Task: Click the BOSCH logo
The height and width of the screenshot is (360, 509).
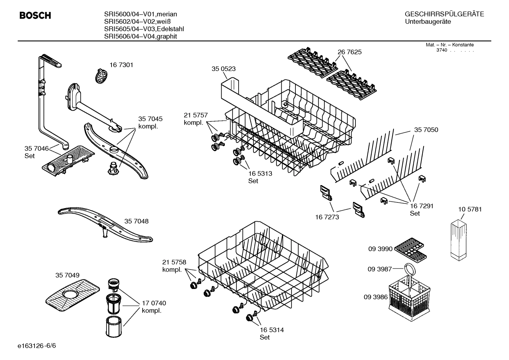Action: pyautogui.click(x=35, y=16)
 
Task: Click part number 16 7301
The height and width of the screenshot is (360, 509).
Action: pyautogui.click(x=121, y=65)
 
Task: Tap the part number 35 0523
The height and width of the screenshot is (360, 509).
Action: pyautogui.click(x=223, y=69)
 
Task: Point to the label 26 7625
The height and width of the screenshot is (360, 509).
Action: pyautogui.click(x=349, y=52)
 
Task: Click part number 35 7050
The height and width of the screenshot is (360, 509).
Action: pyautogui.click(x=426, y=130)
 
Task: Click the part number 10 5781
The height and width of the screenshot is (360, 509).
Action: pyautogui.click(x=470, y=209)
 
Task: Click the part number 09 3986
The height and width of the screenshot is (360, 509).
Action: pyautogui.click(x=376, y=297)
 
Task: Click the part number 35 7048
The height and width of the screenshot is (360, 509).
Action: pyautogui.click(x=136, y=222)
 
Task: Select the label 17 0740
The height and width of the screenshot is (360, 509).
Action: pyautogui.click(x=154, y=303)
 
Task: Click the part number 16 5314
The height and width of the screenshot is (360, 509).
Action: pyautogui.click(x=271, y=330)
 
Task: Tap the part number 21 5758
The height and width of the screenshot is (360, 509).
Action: pyautogui.click(x=174, y=262)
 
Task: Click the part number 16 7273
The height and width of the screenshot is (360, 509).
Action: pyautogui.click(x=327, y=217)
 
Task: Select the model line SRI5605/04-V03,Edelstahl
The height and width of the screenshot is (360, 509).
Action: pyautogui.click(x=144, y=29)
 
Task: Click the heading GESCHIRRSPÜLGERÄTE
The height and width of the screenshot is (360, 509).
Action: pyautogui.click(x=444, y=14)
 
